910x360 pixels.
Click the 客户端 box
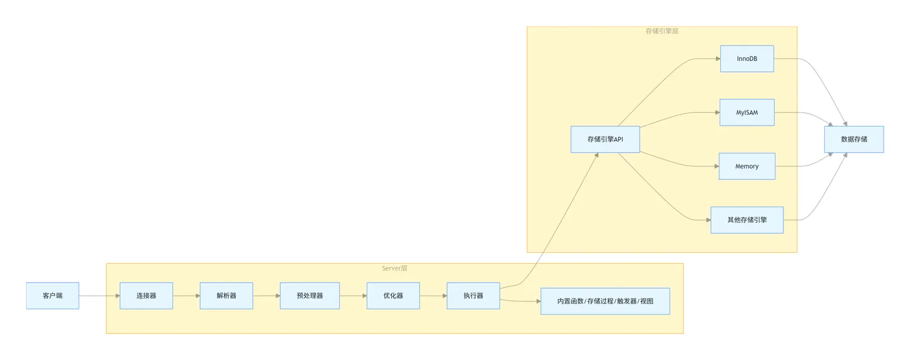(53, 296)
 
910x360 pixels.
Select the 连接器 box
(146, 296)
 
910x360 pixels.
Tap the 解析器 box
(226, 296)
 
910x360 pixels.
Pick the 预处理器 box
(309, 296)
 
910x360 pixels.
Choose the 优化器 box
(393, 296)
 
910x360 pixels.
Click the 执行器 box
(473, 296)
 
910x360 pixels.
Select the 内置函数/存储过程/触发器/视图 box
(605, 302)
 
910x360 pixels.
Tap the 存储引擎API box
(605, 139)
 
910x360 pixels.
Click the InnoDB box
(747, 58)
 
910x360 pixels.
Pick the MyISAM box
(747, 112)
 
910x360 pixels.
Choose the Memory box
(747, 166)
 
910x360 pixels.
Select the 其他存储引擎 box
(747, 220)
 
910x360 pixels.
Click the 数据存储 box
(853, 139)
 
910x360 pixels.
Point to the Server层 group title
(395, 268)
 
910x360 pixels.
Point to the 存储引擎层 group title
(662, 31)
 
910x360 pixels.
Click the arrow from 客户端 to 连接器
(99, 296)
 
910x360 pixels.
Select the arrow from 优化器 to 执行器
(433, 296)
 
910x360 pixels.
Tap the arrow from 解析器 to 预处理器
(266, 296)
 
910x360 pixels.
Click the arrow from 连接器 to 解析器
(186, 296)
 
